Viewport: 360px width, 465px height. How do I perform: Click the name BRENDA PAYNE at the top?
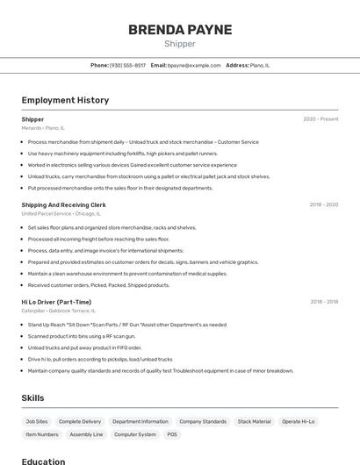click(180, 29)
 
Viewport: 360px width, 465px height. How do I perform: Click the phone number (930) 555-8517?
click(127, 65)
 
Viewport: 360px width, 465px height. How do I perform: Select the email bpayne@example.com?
click(194, 65)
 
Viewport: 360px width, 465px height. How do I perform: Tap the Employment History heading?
click(65, 100)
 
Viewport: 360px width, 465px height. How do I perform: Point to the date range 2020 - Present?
click(320, 119)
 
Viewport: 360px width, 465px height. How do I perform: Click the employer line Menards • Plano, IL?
click(43, 128)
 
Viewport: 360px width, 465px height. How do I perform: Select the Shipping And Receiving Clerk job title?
click(63, 204)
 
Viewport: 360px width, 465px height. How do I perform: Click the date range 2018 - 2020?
click(323, 204)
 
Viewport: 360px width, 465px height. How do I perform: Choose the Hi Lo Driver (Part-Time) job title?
click(56, 302)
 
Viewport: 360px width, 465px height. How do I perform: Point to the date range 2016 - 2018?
click(323, 302)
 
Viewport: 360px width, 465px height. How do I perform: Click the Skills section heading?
click(32, 397)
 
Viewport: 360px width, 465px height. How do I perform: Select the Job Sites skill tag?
click(37, 421)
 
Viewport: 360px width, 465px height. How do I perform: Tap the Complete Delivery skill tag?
click(80, 421)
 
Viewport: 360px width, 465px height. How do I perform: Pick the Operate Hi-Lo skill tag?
click(298, 421)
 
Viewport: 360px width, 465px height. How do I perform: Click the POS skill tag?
click(172, 434)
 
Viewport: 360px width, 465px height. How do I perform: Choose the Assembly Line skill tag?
click(86, 434)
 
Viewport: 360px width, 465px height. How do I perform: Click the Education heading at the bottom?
click(43, 461)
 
